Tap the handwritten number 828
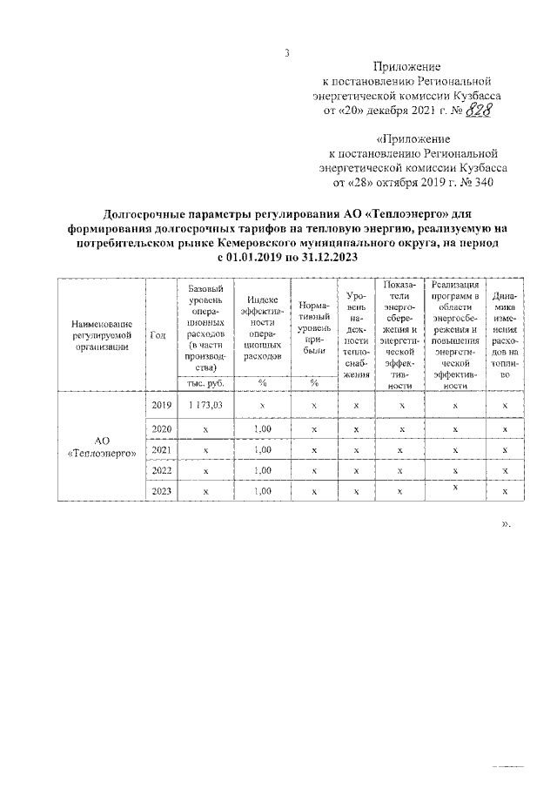(476, 111)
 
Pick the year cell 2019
(161, 406)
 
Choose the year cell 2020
(161, 429)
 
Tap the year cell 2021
(161, 450)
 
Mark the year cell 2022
(161, 471)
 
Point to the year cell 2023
(161, 492)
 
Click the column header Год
(158, 335)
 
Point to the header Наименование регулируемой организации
(101, 334)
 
